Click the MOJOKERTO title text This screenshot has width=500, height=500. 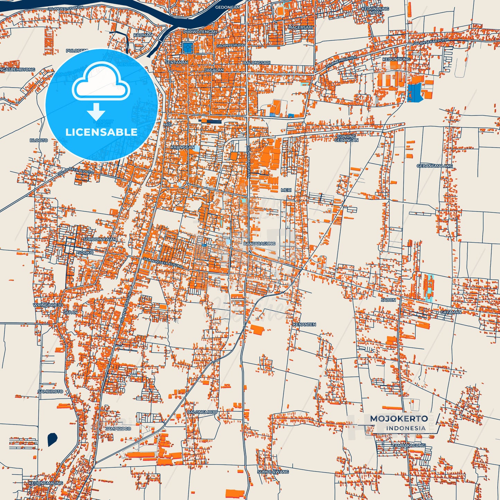[399, 419]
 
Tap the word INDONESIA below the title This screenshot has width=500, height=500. [406, 428]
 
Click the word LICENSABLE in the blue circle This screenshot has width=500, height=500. [101, 132]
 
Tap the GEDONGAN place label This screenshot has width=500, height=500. [227, 7]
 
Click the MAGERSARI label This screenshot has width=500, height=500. [300, 27]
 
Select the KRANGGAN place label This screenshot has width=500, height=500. [183, 147]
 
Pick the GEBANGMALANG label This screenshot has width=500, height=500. [435, 166]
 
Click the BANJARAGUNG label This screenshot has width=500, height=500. [260, 244]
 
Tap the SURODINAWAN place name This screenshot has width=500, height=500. [100, 239]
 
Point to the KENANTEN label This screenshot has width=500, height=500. [304, 325]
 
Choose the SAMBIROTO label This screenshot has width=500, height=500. [51, 391]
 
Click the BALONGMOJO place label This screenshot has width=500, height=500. [202, 412]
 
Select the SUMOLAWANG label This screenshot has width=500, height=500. [273, 472]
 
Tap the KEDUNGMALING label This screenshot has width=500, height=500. [46, 483]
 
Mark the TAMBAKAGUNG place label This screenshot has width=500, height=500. [408, 445]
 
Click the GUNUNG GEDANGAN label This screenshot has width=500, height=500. [346, 138]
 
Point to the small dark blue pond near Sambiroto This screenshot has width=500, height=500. [52, 439]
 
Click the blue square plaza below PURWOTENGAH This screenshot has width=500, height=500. [187, 47]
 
